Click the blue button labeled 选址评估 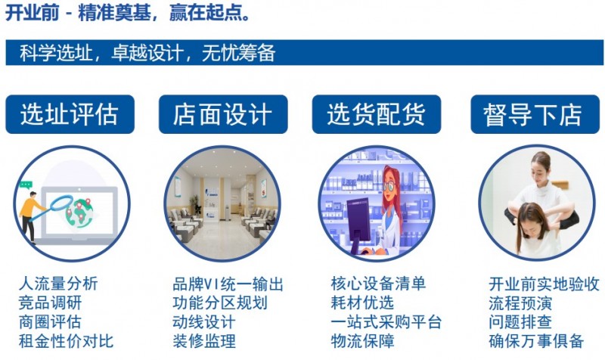pyautogui.click(x=70, y=114)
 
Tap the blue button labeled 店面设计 pyautogui.click(x=223, y=114)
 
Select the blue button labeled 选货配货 pyautogui.click(x=376, y=114)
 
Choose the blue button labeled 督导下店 pyautogui.click(x=533, y=114)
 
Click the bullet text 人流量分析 pyautogui.click(x=58, y=284)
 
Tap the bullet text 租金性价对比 pyautogui.click(x=66, y=341)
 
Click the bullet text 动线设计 pyautogui.click(x=204, y=322)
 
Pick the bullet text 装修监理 pyautogui.click(x=204, y=341)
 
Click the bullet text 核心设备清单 pyautogui.click(x=378, y=284)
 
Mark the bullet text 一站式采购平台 pyautogui.click(x=386, y=322)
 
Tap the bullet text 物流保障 pyautogui.click(x=362, y=341)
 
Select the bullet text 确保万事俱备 pyautogui.click(x=536, y=341)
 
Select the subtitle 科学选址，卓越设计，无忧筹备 pyautogui.click(x=147, y=53)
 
